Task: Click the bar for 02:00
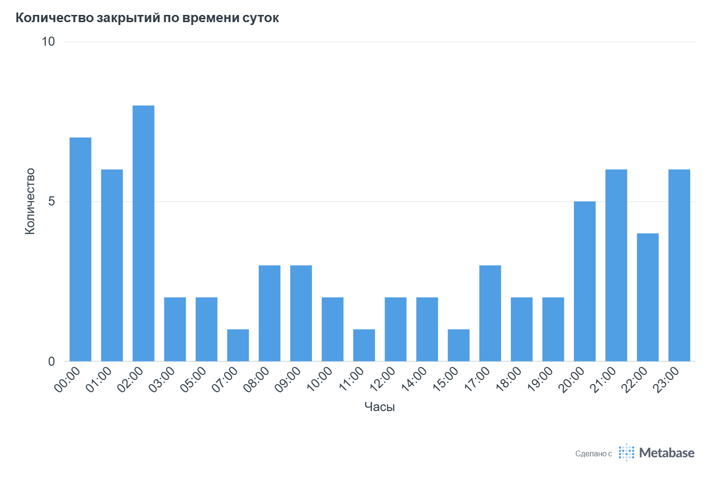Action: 143,233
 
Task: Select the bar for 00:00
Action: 80,249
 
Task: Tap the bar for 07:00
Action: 238,345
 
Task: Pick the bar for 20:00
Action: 585,281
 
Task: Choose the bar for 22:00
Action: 648,297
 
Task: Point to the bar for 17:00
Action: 490,313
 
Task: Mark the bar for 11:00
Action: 364,345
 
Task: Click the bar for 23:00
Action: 679,265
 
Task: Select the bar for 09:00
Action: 301,313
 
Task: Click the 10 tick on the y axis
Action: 48,42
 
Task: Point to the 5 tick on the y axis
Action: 52,202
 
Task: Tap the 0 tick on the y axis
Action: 52,361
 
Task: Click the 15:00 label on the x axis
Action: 446,379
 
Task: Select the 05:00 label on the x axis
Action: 194,379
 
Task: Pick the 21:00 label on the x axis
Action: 604,379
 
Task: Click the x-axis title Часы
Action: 380,407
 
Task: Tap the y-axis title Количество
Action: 30,201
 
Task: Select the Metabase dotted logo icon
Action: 626,452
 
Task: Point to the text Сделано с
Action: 593,453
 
